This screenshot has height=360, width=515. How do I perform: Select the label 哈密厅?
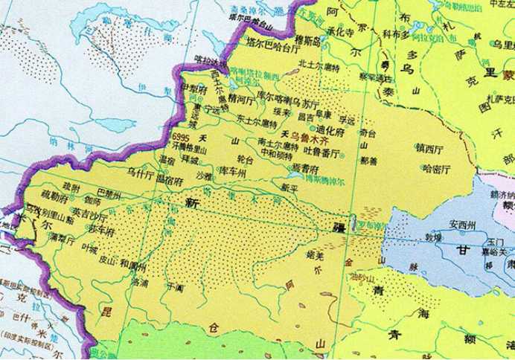click(436, 169)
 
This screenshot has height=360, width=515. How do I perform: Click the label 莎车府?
click(100, 231)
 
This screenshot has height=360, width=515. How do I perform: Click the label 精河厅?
click(244, 97)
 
